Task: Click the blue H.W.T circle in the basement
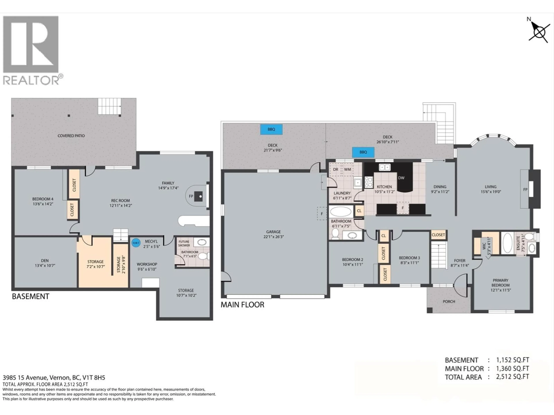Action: [136, 243]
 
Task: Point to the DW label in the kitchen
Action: [401, 178]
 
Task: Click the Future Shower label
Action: [184, 243]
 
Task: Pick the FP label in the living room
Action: [525, 190]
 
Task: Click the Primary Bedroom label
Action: [500, 283]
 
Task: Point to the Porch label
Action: [449, 301]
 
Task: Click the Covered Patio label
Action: [71, 136]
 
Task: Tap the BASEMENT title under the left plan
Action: [31, 296]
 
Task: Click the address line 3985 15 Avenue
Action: [54, 378]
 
